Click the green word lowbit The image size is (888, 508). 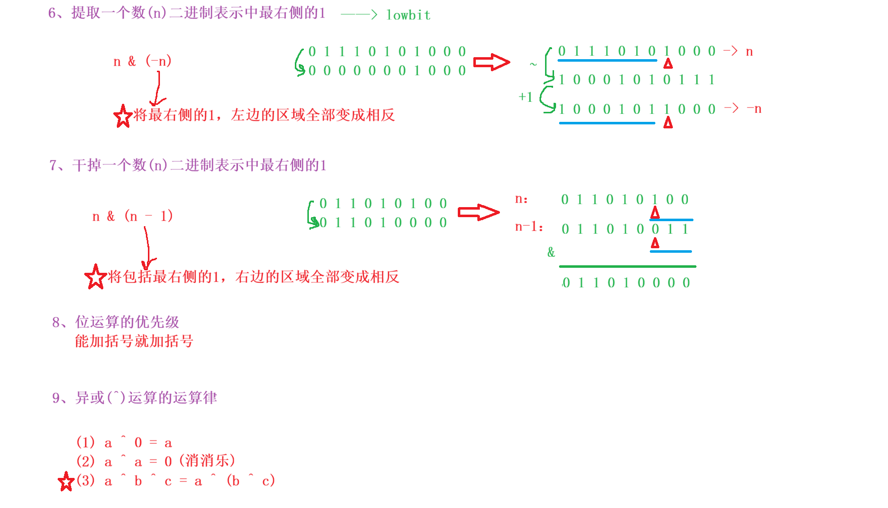[408, 16]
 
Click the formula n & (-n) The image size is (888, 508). [142, 61]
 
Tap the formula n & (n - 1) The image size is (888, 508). [132, 216]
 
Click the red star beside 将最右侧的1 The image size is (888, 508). [123, 116]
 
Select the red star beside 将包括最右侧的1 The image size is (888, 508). [95, 277]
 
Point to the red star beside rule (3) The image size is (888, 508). [66, 482]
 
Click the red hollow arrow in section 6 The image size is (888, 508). [491, 62]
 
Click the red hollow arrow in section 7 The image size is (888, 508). [479, 212]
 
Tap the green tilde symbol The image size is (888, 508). [533, 64]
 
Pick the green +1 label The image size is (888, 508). [525, 97]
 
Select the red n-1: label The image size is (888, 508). [529, 227]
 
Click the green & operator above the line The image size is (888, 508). [551, 252]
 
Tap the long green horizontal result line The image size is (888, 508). [627, 266]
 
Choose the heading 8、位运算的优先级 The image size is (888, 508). [116, 322]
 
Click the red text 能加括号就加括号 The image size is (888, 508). [134, 342]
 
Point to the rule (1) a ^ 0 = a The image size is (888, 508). [124, 443]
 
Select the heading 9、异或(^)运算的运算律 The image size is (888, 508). [134, 398]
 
